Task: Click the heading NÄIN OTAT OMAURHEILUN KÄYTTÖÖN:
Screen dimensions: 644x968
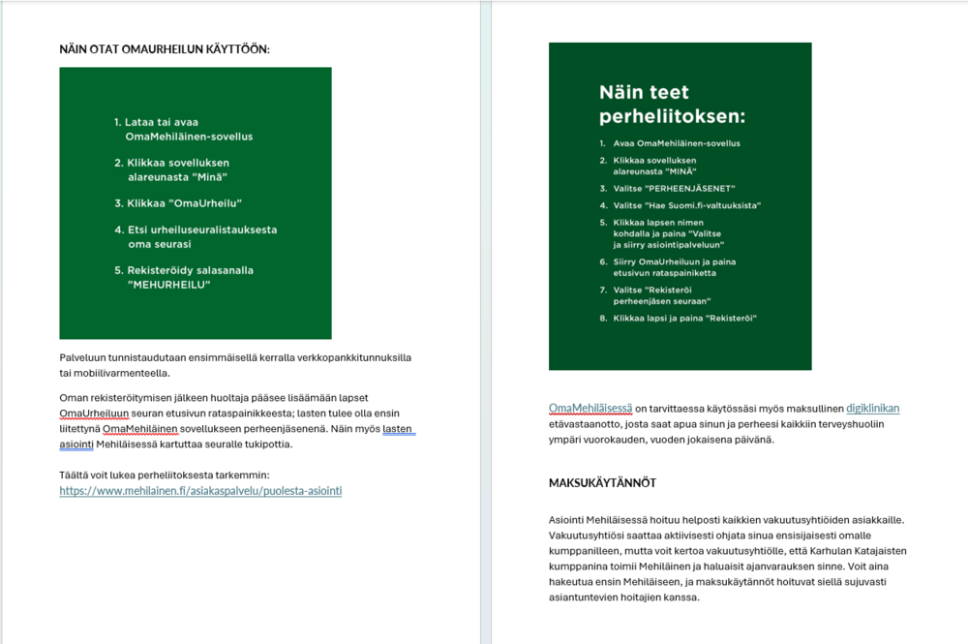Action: (165, 47)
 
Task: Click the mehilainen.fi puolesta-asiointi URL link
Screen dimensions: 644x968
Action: (200, 491)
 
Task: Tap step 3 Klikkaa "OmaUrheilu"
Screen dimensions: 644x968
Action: (184, 203)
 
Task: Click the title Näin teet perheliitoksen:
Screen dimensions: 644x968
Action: (672, 105)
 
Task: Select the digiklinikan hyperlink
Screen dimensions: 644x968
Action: (872, 409)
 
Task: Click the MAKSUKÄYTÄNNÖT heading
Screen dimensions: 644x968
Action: (602, 482)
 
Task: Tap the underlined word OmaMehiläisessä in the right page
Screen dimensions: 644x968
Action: (590, 409)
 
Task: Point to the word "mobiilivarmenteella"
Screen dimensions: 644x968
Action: (125, 373)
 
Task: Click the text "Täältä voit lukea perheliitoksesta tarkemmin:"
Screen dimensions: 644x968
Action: (164, 475)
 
